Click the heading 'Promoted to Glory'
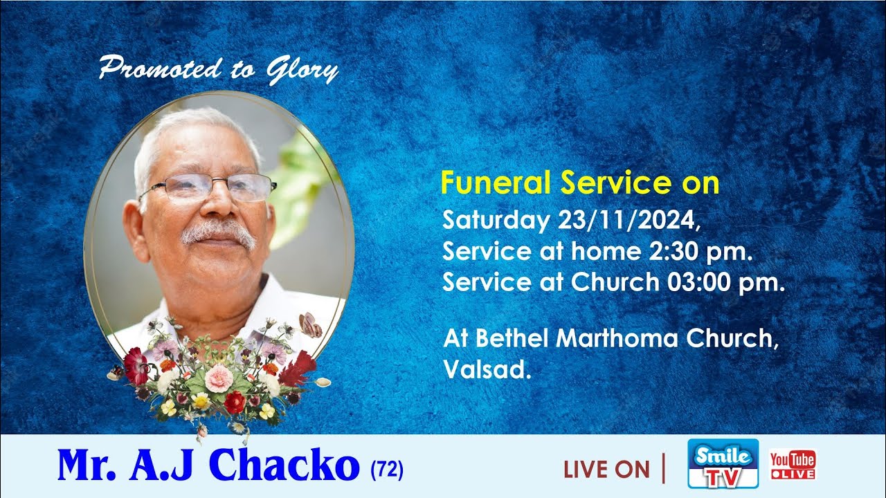click(x=218, y=69)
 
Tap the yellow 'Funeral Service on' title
click(x=580, y=183)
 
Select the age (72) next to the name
click(x=387, y=471)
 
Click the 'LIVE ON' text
click(x=606, y=470)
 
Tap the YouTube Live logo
click(x=793, y=464)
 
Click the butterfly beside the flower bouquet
click(x=309, y=325)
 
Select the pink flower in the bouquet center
click(x=219, y=378)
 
